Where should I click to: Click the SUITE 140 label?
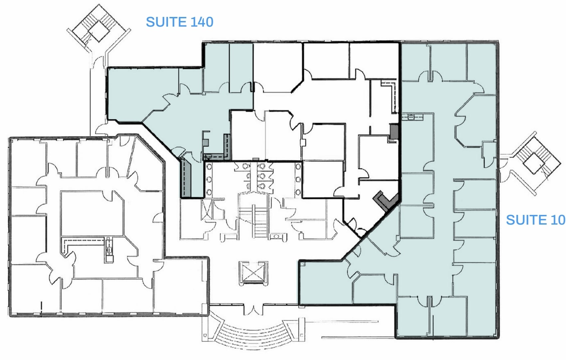click(x=179, y=22)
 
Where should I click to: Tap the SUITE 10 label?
click(x=535, y=220)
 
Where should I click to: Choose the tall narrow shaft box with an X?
click(x=207, y=209)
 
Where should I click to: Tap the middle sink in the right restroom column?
click(x=298, y=180)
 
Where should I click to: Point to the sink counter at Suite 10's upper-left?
click(x=412, y=117)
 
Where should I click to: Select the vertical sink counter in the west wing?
click(x=109, y=250)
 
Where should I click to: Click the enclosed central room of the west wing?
click(x=92, y=213)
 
